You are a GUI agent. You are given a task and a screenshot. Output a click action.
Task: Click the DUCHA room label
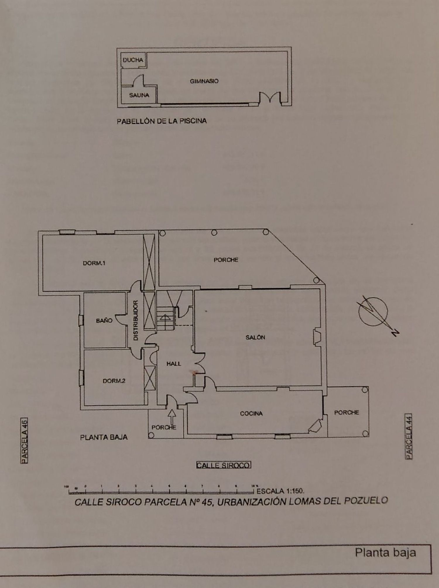click(x=133, y=60)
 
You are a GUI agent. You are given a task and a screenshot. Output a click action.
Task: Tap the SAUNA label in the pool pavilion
click(x=139, y=95)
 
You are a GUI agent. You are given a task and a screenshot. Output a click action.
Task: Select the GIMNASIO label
click(x=204, y=81)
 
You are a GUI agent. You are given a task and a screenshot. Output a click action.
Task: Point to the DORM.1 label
click(x=94, y=263)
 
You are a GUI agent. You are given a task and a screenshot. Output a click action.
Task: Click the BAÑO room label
click(x=104, y=321)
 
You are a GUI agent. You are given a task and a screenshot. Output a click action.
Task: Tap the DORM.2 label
click(x=114, y=381)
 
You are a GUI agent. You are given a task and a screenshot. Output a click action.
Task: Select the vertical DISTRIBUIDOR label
click(x=136, y=320)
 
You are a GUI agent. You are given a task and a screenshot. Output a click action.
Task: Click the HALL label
click(x=174, y=364)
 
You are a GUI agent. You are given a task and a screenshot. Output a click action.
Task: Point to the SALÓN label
click(x=255, y=337)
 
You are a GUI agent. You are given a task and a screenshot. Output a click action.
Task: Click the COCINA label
click(x=251, y=413)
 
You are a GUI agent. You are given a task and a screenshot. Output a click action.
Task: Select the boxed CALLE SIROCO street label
click(x=224, y=465)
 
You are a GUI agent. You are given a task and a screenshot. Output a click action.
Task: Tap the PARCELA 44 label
click(x=409, y=436)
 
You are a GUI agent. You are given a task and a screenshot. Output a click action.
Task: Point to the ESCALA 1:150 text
click(x=280, y=491)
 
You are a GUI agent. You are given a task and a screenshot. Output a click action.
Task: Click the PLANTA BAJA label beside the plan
click(x=104, y=437)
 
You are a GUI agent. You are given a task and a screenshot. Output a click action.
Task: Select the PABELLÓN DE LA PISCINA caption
click(x=162, y=121)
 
